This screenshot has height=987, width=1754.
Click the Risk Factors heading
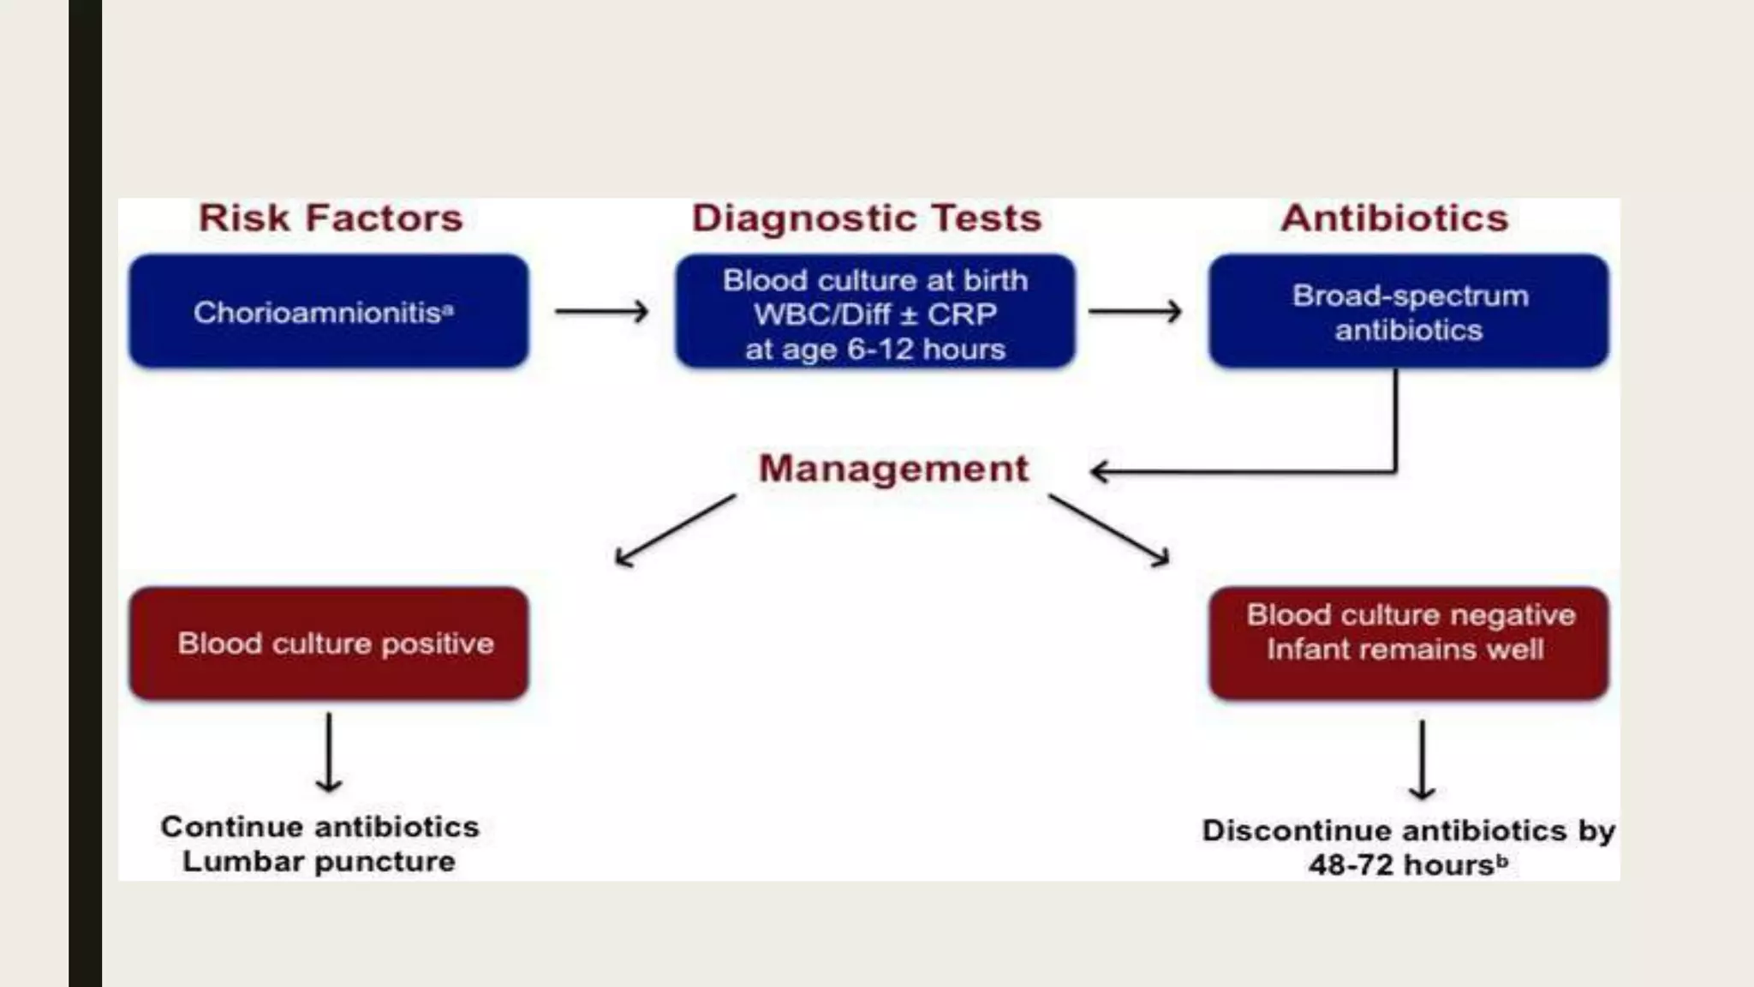click(x=331, y=218)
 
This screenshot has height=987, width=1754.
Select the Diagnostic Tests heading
click(x=867, y=218)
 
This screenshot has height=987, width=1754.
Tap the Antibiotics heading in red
click(x=1394, y=218)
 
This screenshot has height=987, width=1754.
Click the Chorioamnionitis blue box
click(x=329, y=312)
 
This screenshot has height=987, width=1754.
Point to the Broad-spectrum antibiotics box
click(x=1409, y=312)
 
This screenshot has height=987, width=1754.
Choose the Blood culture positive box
click(x=329, y=643)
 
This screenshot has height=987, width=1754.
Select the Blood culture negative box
click(x=1409, y=643)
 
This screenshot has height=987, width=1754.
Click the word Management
click(x=893, y=469)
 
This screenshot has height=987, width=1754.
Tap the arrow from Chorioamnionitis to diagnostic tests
click(x=601, y=311)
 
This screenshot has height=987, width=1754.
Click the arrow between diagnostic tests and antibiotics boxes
click(x=1136, y=311)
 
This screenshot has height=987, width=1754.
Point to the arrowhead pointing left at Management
click(x=1101, y=471)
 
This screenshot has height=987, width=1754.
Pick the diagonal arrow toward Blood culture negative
click(x=1109, y=530)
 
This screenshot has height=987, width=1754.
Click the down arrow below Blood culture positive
click(x=329, y=752)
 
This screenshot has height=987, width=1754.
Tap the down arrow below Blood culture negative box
click(x=1423, y=759)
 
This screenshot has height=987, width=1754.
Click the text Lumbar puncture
click(x=319, y=861)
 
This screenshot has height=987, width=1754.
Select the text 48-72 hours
click(x=1401, y=865)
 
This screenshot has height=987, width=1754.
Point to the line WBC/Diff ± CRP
click(x=875, y=314)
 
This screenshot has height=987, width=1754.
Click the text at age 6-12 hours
click(x=875, y=350)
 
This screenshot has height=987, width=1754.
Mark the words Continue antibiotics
click(x=319, y=827)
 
